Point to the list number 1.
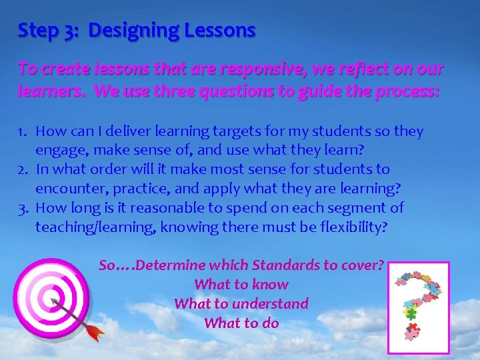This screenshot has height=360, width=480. pos(22,131)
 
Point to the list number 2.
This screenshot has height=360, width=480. pos(22,169)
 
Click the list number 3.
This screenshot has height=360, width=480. pos(22,208)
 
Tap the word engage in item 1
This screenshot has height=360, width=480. pos(57,150)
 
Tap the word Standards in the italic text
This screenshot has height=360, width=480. pos(288,265)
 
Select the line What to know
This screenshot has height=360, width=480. pos(241,285)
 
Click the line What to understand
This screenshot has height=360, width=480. pos(241,304)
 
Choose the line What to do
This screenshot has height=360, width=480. pos(241,323)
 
